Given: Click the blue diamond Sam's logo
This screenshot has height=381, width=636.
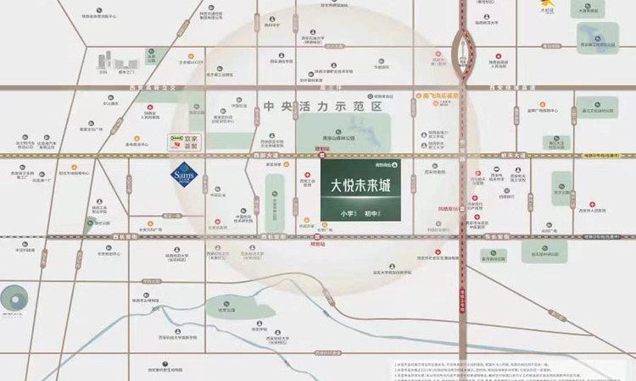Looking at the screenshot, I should coord(184,176).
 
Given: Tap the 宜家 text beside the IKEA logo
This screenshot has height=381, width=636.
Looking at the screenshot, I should coord(192,138).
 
